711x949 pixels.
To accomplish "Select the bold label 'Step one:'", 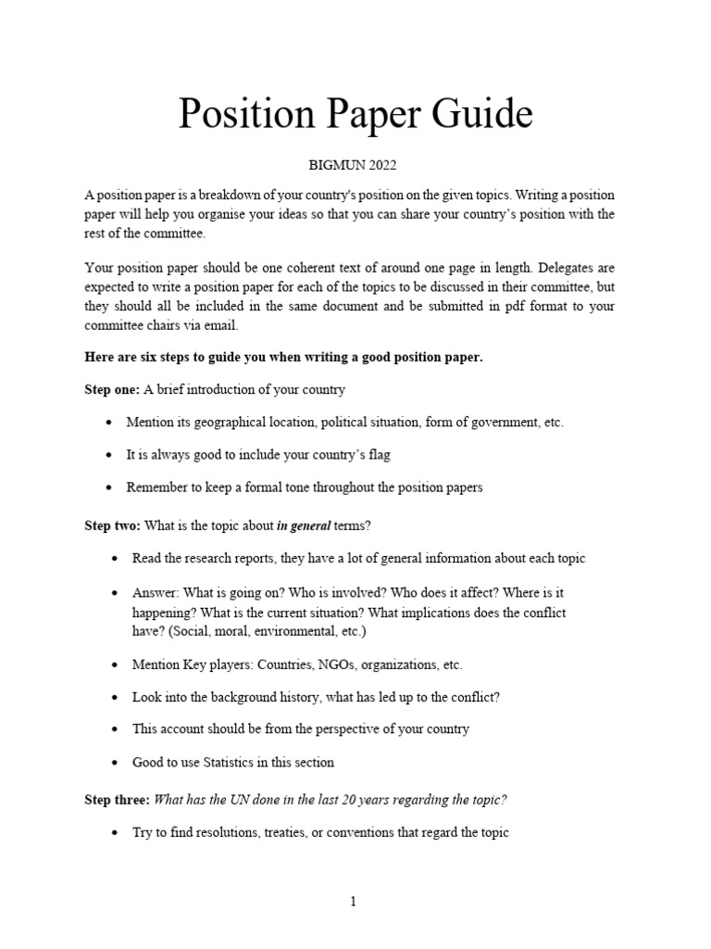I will click(x=112, y=389).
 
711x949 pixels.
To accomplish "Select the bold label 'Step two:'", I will click(x=112, y=525).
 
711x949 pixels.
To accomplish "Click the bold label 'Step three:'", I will click(x=117, y=800).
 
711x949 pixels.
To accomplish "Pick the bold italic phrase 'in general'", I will click(x=304, y=525).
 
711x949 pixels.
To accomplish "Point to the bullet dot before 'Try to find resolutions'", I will click(x=113, y=833).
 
